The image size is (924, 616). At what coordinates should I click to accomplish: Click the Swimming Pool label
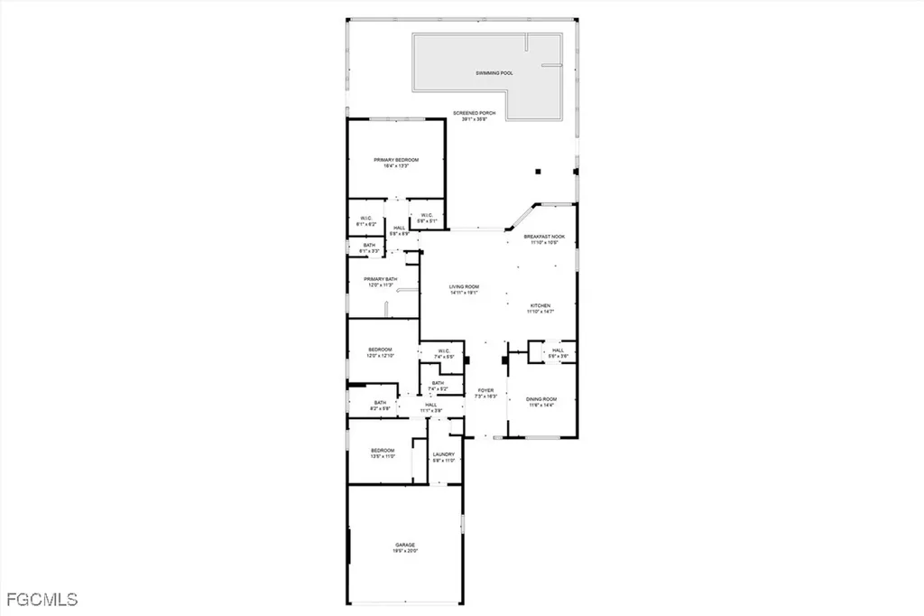coord(494,72)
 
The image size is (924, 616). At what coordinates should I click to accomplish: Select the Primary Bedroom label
coord(396,160)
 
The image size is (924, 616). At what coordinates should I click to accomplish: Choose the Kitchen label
coord(540,305)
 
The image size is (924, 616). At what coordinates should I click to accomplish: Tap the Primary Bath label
coord(380,279)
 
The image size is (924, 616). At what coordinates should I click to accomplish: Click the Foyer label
coord(485,390)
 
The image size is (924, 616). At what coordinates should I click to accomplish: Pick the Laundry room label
coord(442,454)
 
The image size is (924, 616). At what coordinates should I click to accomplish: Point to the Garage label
coord(404,545)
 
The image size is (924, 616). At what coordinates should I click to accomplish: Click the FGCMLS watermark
coord(42,599)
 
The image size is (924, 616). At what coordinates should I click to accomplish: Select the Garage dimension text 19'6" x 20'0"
coord(404,551)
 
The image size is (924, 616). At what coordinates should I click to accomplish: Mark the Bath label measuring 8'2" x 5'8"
coord(379,406)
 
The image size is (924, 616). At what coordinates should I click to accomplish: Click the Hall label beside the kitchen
coord(558,350)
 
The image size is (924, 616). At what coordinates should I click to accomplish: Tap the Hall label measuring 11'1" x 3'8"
coord(431,407)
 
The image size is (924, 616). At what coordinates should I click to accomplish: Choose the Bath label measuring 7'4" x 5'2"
coord(438,386)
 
